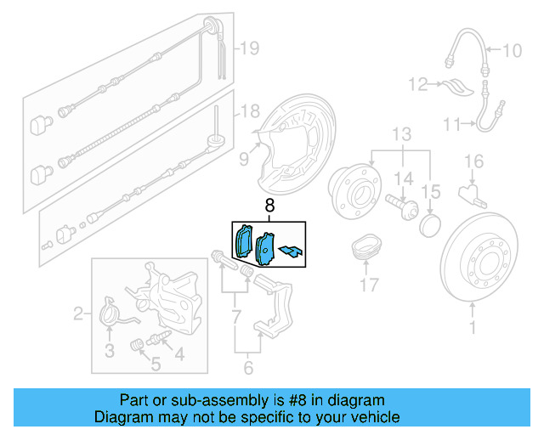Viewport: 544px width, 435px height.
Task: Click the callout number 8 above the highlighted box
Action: (270, 206)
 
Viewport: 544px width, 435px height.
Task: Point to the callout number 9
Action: (243, 157)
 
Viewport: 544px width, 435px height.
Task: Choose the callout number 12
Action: (416, 84)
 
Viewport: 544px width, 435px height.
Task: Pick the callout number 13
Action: (401, 134)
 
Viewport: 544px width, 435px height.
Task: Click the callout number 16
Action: (473, 161)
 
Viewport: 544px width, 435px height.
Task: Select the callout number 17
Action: (368, 285)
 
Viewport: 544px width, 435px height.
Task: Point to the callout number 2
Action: (78, 315)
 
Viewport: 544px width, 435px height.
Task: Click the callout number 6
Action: (248, 368)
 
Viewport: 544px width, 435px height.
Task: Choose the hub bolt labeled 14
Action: (399, 205)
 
